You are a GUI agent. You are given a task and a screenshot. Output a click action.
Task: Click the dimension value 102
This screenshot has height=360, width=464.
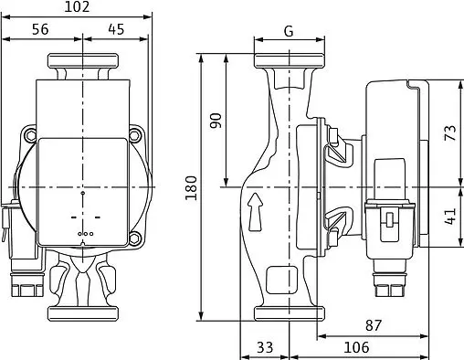77,6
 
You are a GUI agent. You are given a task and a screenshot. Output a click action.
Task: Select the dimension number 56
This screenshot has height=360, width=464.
40,29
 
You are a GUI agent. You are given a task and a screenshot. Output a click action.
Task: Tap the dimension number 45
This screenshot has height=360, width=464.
116,29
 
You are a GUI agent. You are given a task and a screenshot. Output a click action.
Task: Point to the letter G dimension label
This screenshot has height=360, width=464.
289,31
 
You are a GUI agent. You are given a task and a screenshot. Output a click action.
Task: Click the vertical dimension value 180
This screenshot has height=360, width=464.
191,187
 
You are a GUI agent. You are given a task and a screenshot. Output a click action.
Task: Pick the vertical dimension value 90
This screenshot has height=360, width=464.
216,121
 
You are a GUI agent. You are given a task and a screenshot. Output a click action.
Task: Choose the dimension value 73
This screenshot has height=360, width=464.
450,132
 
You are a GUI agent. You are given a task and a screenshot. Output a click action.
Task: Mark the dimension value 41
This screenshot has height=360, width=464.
450,217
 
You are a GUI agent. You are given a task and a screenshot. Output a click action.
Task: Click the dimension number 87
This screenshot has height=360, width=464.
374,325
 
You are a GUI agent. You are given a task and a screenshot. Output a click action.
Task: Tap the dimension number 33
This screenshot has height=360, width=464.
265,347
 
